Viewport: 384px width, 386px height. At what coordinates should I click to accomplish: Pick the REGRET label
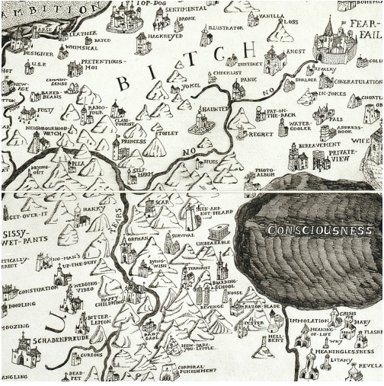[x=261, y=134]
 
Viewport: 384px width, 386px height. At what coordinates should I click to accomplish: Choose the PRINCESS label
[x=134, y=142]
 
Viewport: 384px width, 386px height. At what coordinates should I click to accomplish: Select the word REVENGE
[x=208, y=306]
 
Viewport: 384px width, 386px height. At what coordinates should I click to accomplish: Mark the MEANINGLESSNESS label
[x=333, y=353]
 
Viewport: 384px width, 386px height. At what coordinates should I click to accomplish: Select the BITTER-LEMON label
[x=99, y=318]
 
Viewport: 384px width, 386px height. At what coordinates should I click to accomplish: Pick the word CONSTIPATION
[x=37, y=290]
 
